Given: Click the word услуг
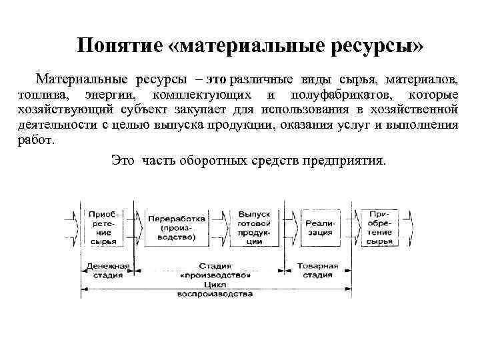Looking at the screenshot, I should point(353,124).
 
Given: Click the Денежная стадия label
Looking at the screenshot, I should point(106,270).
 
